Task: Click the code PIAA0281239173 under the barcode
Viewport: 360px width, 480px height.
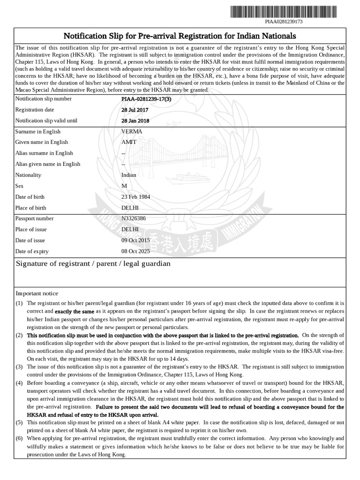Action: pos(284,22)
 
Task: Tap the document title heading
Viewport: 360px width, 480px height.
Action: pos(180,36)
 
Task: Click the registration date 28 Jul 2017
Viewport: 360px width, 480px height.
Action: pos(135,110)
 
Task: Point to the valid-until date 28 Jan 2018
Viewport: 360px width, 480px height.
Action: pos(135,120)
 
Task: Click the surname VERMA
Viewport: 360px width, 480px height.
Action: pos(131,132)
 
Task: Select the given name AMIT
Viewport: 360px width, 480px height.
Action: pos(129,142)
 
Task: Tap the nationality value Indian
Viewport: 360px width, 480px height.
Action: pos(129,175)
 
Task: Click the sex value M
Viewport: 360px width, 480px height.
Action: pos(124,186)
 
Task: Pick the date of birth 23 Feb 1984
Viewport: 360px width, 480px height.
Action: pos(136,197)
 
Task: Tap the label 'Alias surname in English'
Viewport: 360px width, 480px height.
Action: pos(44,153)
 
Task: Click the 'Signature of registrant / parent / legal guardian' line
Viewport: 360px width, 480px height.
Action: pos(93,264)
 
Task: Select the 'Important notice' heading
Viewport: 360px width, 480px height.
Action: pos(37,293)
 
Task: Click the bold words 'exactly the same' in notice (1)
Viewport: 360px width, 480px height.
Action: pos(75,311)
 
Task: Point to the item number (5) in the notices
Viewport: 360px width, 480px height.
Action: pos(19,422)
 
